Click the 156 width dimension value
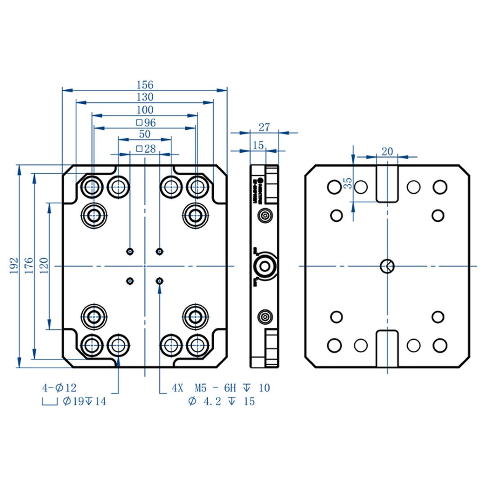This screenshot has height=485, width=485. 145,85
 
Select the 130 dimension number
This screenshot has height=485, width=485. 145,97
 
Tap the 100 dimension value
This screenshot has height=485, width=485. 145,110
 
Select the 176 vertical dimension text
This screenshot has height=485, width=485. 28,266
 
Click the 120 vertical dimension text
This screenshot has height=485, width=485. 44,266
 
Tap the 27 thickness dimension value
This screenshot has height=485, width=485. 265,128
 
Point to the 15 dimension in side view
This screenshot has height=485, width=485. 258,145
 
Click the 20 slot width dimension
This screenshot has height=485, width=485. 387,152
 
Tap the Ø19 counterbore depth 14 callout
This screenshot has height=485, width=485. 84,401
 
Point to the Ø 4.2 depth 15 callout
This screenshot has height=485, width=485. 221,401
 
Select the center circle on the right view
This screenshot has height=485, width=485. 387,266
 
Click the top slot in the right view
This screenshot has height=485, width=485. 387,183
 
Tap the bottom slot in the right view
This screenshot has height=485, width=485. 387,349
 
